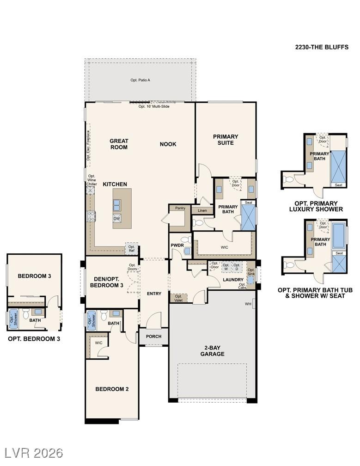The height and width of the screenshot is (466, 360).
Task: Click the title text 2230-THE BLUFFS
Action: click(x=322, y=47)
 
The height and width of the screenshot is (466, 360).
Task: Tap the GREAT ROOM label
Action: click(x=119, y=144)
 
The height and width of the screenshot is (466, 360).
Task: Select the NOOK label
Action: click(x=168, y=144)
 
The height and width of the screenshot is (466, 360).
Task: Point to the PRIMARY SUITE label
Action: click(x=226, y=140)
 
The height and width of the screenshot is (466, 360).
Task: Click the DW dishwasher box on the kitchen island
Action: click(x=117, y=219)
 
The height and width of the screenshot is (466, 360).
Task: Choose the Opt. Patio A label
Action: click(x=140, y=80)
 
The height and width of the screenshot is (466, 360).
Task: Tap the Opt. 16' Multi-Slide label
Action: click(x=154, y=106)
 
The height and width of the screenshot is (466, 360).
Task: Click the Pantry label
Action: click(x=180, y=208)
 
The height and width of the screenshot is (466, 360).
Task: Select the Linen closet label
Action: click(x=202, y=211)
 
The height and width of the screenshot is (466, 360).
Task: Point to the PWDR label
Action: click(x=177, y=245)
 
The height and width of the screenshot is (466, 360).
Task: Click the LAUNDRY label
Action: click(x=233, y=280)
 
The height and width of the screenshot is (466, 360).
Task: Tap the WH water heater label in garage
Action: click(x=248, y=304)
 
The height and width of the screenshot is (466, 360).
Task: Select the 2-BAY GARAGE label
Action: click(x=212, y=351)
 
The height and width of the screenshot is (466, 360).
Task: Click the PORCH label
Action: click(x=153, y=336)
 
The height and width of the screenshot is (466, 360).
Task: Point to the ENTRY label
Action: click(x=154, y=294)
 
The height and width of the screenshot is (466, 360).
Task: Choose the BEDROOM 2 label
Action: click(x=112, y=389)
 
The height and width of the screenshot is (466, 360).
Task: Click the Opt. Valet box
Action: click(x=178, y=298)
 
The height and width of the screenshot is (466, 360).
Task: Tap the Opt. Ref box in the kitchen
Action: click(x=132, y=248)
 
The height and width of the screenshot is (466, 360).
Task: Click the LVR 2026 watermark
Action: click(x=33, y=453)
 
